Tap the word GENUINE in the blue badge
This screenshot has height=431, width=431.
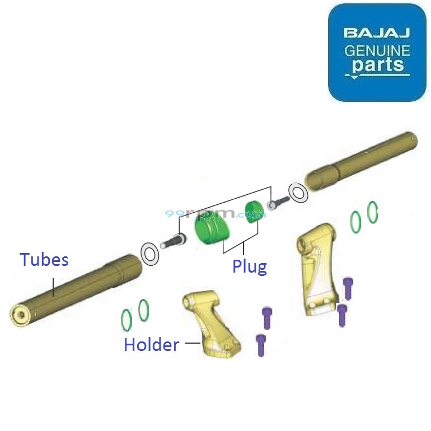pos(377,51)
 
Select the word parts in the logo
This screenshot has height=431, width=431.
pos(378,65)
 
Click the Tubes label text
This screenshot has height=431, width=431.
pos(44,260)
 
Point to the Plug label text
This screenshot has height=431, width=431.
pos(250,266)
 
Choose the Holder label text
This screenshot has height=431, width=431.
pos(151,345)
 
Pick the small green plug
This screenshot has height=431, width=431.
pos(255,211)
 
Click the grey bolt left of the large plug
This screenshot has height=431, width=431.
pos(173,242)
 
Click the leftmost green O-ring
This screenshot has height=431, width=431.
pos(127,320)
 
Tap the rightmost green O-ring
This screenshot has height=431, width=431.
pos(373,212)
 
